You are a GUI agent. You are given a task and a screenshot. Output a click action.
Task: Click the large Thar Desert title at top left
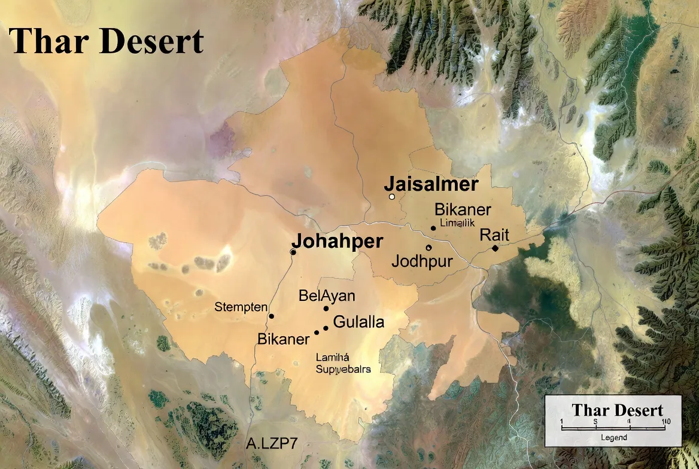click(x=107, y=41)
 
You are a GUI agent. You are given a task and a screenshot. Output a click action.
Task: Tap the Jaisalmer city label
click(x=431, y=184)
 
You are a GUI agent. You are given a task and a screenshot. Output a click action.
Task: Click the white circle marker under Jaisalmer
click(x=392, y=196)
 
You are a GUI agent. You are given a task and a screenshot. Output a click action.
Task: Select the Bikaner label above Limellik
click(x=463, y=210)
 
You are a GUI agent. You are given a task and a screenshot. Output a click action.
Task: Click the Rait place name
click(x=494, y=234)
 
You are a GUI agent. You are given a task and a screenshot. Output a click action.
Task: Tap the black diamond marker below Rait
click(x=495, y=248)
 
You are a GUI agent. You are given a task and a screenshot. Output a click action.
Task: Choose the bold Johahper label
click(x=337, y=241)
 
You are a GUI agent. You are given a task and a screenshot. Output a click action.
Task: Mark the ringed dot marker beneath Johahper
click(x=293, y=252)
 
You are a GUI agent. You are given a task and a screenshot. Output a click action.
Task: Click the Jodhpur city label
click(x=422, y=261)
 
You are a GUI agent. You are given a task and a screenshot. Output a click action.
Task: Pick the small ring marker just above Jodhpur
click(x=428, y=248)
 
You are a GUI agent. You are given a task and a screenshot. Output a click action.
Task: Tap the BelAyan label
click(x=327, y=296)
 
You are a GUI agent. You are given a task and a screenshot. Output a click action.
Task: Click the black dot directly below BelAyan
click(x=326, y=309)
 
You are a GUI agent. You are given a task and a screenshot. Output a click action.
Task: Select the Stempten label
click(x=241, y=307)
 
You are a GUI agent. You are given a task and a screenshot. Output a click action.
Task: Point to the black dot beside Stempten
click(x=271, y=316)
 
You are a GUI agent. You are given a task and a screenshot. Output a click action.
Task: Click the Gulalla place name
click(x=358, y=322)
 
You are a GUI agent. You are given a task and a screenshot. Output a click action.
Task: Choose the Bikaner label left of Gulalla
click(x=283, y=339)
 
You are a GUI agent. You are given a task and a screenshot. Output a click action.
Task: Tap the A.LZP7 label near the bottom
click(x=272, y=444)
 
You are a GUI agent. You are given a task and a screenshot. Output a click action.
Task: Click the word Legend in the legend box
click(x=614, y=438)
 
